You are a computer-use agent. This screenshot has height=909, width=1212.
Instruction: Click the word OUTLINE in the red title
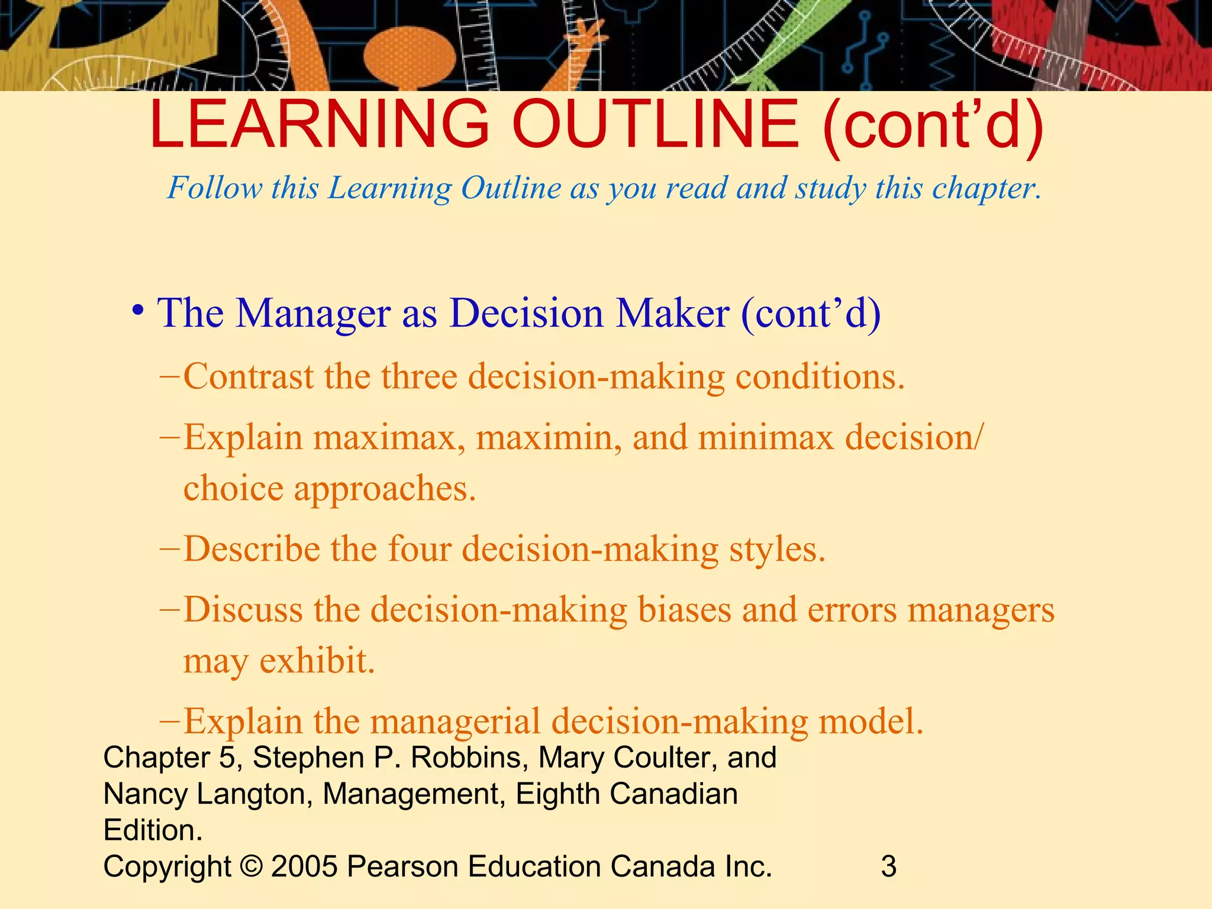(x=656, y=124)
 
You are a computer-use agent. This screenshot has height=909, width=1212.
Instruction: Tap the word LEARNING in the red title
(x=320, y=124)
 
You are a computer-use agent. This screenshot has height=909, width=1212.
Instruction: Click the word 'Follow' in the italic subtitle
(x=214, y=189)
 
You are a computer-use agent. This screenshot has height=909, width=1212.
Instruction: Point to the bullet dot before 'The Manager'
(x=138, y=310)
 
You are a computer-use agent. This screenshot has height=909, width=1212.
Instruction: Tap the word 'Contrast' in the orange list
(x=248, y=376)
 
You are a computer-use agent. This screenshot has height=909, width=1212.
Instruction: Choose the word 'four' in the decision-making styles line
(x=420, y=549)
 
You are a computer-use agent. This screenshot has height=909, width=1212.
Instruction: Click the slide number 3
(x=888, y=866)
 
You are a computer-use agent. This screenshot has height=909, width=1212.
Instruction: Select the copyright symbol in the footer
(x=251, y=866)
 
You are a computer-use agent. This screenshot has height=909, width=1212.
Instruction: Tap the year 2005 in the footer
(x=304, y=866)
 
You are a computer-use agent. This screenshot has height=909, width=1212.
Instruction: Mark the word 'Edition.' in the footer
(x=153, y=830)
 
